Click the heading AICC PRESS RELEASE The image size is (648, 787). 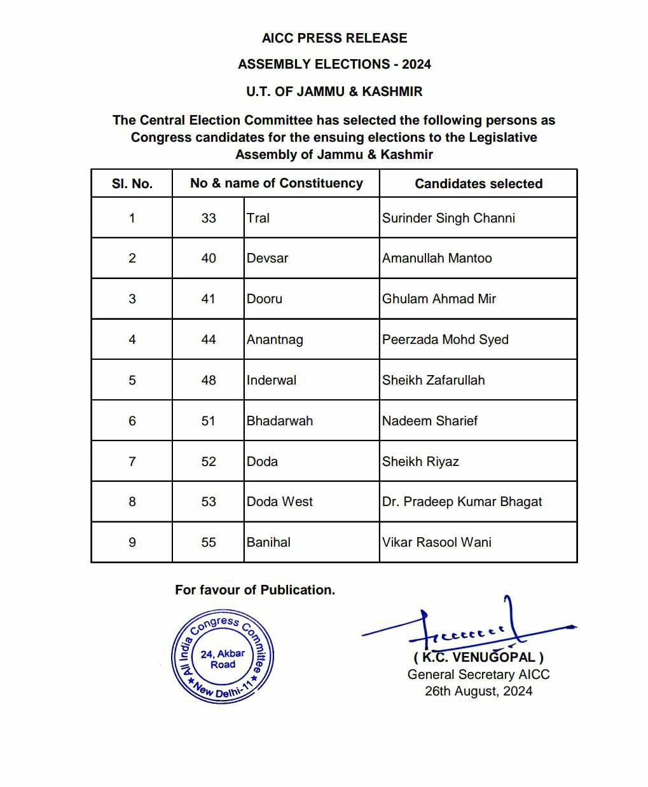[334, 38]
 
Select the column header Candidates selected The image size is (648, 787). [478, 184]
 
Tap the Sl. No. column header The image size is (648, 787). [132, 184]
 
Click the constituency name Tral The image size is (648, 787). [258, 218]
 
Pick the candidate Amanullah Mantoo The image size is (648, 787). [437, 258]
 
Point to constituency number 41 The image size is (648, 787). [208, 299]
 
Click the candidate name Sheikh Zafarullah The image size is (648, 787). [433, 380]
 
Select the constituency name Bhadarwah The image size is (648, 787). [280, 421]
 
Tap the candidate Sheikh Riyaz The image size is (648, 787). [420, 462]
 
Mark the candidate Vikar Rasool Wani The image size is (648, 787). [437, 542]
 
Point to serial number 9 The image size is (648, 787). [132, 542]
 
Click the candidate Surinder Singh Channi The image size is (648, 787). [448, 218]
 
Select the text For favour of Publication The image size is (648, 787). [255, 590]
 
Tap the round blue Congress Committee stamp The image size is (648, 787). [223, 658]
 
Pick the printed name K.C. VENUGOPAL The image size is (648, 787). [478, 657]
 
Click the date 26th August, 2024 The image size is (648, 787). [478, 691]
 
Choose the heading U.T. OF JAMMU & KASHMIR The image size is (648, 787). [334, 92]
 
